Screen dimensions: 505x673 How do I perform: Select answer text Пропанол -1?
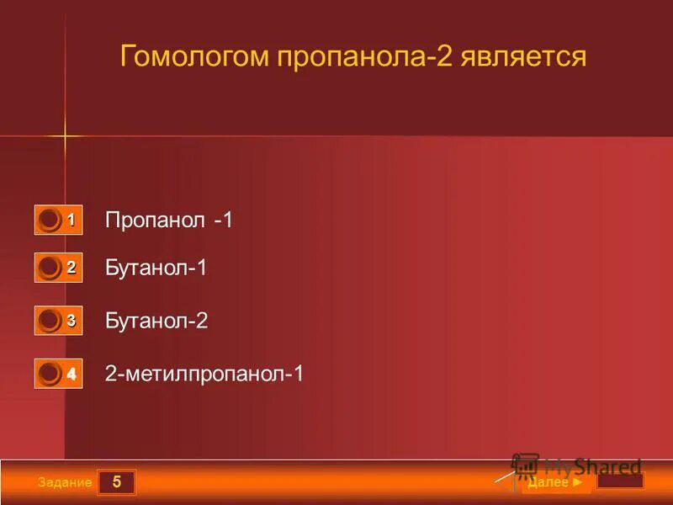click(x=168, y=221)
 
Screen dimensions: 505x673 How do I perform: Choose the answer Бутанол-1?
click(x=156, y=268)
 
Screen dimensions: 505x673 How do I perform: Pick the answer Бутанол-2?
click(x=156, y=321)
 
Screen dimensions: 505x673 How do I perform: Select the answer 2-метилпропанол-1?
click(x=204, y=374)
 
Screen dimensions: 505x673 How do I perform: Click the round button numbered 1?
click(x=50, y=220)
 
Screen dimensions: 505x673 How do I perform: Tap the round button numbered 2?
click(x=50, y=268)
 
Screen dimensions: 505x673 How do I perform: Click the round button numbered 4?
click(x=50, y=373)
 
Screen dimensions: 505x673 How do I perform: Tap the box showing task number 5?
click(x=117, y=482)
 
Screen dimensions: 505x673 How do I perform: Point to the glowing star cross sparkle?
click(x=64, y=135)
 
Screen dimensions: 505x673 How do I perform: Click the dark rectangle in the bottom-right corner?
click(x=620, y=481)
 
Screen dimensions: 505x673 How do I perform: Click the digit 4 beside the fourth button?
click(x=72, y=375)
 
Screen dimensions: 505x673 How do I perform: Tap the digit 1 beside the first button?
click(x=72, y=221)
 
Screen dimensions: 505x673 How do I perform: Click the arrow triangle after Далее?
click(x=576, y=483)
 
